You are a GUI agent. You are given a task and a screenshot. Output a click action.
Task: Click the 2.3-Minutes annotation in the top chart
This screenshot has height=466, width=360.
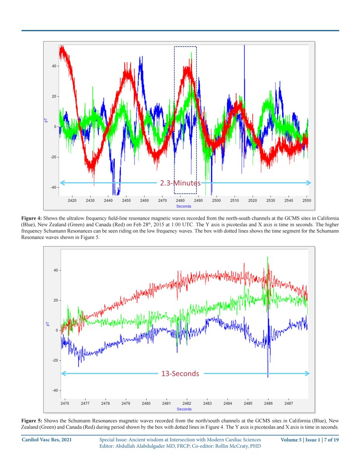pos(180,183)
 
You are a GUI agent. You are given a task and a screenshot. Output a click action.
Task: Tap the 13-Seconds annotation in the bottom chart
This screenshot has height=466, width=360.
pos(180,374)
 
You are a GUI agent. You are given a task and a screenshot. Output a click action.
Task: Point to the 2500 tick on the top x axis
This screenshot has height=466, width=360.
pos(216,200)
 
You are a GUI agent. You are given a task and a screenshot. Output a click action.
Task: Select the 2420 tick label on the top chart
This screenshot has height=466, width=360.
pos(72,200)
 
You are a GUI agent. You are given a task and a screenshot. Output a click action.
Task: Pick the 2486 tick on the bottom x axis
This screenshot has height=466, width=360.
pos(268,403)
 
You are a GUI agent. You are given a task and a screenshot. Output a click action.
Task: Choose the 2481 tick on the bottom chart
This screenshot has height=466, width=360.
pos(166,403)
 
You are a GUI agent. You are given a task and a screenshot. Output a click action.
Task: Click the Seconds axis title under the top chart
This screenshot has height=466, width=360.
pos(184,206)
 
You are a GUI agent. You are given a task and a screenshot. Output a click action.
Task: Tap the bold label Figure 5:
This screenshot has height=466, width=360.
pos(32,421)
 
